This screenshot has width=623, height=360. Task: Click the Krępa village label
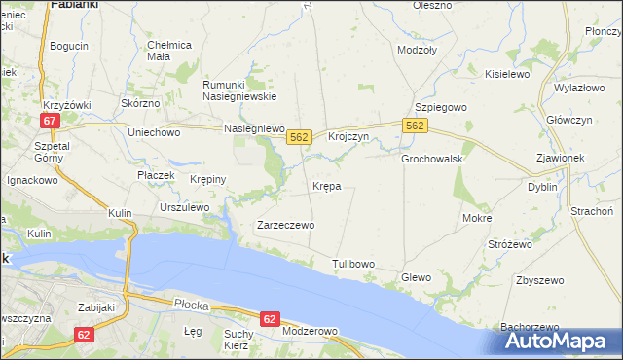pyautogui.click(x=326, y=186)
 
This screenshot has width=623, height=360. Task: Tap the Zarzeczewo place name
pyautogui.click(x=285, y=225)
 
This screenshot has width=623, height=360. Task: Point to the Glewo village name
pyautogui.click(x=416, y=277)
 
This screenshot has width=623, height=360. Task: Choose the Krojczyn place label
pyautogui.click(x=348, y=137)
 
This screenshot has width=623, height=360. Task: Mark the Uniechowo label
pyautogui.click(x=155, y=132)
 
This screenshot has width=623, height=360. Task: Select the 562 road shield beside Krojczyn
pyautogui.click(x=299, y=138)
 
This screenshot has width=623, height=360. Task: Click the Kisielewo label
pyautogui.click(x=506, y=73)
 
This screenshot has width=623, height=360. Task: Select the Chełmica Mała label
pyautogui.click(x=169, y=51)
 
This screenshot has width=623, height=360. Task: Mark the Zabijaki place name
pyautogui.click(x=97, y=307)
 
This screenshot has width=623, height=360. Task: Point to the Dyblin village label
pyautogui.click(x=542, y=186)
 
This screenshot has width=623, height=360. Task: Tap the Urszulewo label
pyautogui.click(x=185, y=207)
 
